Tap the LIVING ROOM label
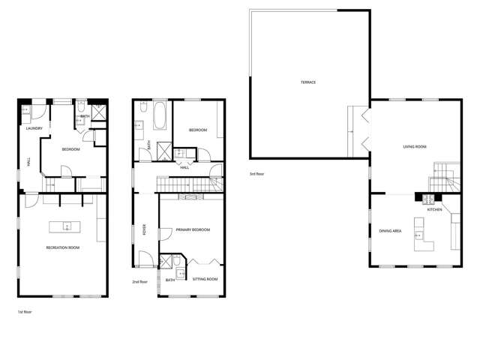[414, 147]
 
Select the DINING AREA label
[390, 231]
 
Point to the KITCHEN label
[435, 210]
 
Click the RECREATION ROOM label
[63, 247]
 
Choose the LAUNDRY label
[33, 128]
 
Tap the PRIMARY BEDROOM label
[193, 229]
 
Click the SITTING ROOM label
[205, 279]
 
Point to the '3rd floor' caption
[256, 174]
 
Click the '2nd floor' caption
[139, 282]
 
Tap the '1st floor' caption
[24, 310]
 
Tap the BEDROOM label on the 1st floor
[70, 149]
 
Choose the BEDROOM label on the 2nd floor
[197, 130]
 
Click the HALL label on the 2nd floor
[184, 167]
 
